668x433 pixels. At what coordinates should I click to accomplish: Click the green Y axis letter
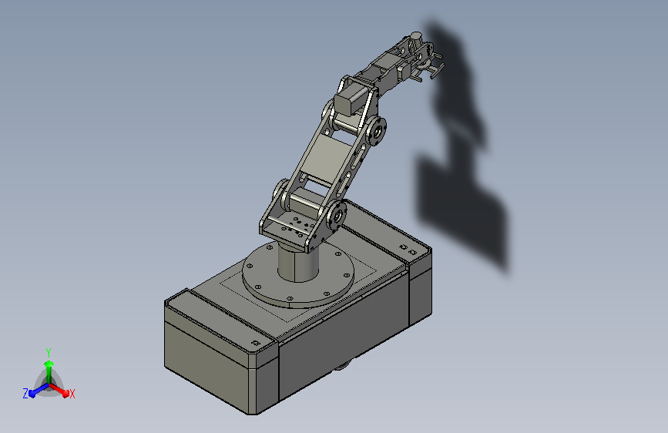(49, 352)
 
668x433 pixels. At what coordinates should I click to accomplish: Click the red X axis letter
(72, 394)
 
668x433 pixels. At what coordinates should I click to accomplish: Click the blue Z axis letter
(25, 394)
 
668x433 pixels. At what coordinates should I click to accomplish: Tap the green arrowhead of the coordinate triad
(49, 364)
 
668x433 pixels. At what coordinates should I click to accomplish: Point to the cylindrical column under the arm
(298, 262)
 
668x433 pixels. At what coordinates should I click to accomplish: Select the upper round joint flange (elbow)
(377, 131)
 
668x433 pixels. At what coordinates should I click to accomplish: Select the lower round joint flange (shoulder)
(337, 216)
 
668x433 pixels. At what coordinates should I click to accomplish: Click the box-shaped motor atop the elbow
(349, 102)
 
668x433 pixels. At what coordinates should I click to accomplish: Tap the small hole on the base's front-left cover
(256, 343)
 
